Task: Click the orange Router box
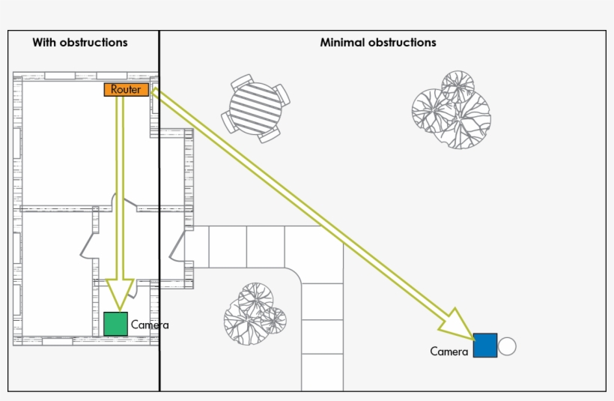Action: tap(126, 90)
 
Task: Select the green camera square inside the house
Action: tap(115, 324)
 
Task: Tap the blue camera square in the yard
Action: tap(484, 346)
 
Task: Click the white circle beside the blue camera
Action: tap(507, 346)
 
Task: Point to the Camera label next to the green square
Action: tap(150, 325)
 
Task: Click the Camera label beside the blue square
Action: tap(449, 351)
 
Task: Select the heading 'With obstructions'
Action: tap(79, 43)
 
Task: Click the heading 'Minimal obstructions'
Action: tap(377, 43)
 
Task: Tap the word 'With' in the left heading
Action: tap(44, 43)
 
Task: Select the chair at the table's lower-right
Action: tap(270, 135)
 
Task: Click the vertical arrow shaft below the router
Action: tap(119, 187)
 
